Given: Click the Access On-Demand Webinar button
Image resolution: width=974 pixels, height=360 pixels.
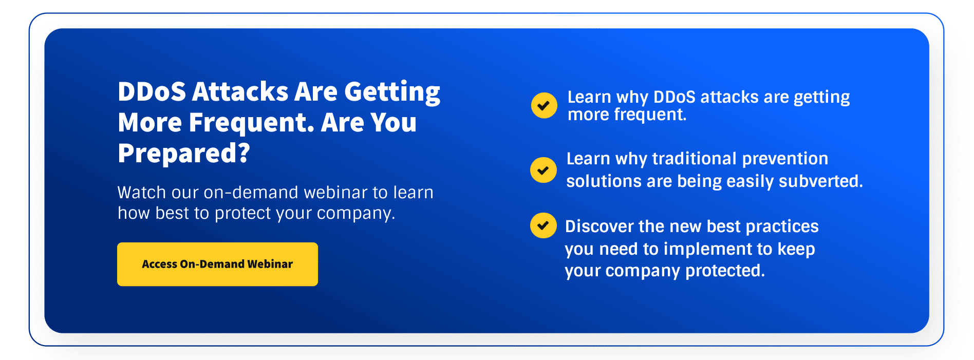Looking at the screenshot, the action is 217,264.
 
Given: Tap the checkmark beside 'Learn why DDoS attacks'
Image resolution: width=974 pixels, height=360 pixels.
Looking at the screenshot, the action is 544,105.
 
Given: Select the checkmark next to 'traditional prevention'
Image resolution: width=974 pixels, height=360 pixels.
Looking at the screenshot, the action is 543,170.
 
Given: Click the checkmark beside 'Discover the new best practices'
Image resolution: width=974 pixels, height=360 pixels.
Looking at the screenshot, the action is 543,225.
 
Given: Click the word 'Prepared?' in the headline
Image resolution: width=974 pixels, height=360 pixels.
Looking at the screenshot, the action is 184,153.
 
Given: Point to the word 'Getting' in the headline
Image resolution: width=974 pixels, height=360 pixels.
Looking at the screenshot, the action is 392,92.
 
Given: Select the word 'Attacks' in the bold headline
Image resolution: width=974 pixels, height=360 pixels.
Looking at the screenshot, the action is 240,91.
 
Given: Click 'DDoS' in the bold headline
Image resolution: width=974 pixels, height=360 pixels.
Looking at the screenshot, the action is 152,91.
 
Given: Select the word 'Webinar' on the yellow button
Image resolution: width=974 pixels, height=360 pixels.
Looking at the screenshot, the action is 270,264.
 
